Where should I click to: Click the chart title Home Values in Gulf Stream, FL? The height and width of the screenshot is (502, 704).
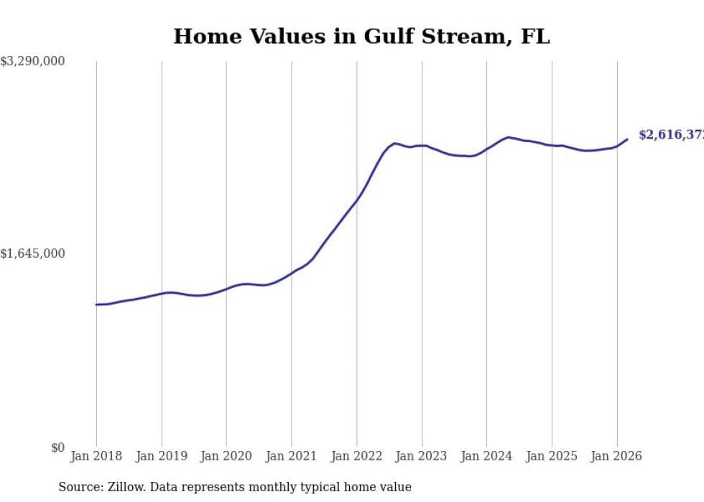[x=361, y=37]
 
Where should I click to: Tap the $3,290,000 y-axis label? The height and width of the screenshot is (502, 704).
[x=32, y=62]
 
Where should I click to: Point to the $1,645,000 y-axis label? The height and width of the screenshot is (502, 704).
[x=32, y=254]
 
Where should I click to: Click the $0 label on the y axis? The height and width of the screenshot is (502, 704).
[x=57, y=447]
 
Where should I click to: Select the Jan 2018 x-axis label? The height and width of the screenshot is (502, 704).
[x=96, y=456]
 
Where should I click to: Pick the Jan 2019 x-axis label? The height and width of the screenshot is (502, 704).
[x=162, y=456]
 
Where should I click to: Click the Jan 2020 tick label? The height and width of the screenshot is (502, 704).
[x=226, y=456]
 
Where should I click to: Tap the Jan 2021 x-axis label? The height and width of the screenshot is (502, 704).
[x=292, y=456]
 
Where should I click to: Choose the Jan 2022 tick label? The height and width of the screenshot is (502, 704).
[x=356, y=456]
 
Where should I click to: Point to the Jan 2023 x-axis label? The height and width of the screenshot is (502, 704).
[x=422, y=456]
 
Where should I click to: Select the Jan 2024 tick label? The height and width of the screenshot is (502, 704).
[x=486, y=456]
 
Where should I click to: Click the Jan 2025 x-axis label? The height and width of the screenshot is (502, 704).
[x=552, y=456]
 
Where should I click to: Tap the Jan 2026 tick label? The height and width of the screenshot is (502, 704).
[x=616, y=456]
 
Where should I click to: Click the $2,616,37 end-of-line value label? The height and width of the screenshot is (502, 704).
[x=670, y=135]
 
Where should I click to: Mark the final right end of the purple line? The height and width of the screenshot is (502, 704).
[x=627, y=139]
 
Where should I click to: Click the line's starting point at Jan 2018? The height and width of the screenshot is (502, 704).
[x=96, y=305]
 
